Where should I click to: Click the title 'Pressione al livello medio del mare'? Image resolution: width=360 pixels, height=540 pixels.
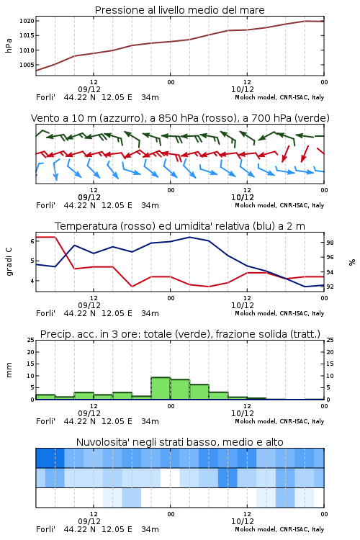point(179,10)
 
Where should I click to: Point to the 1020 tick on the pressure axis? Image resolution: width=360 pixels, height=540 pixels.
point(27,21)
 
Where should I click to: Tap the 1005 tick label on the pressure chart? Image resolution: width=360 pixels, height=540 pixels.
point(27,65)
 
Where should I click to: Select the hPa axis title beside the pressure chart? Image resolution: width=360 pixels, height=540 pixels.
point(9,45)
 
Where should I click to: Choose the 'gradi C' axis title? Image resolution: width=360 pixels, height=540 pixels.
point(9,262)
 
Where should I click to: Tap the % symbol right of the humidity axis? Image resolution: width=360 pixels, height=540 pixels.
point(352,262)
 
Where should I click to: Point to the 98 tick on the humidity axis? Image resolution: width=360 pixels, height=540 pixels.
point(330,243)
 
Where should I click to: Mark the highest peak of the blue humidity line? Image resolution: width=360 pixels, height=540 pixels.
point(189,237)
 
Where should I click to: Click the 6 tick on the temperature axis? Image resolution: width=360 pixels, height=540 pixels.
point(32,241)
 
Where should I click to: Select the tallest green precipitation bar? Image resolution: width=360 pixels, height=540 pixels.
point(161,389)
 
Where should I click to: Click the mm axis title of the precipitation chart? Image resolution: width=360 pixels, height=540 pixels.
point(9,370)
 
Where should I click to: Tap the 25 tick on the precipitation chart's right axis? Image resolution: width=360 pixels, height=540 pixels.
point(330,340)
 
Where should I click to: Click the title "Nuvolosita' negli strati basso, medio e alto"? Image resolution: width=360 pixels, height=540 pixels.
point(179,442)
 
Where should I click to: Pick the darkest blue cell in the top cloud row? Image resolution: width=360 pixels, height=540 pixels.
point(50,458)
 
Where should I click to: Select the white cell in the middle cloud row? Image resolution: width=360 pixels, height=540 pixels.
point(170,477)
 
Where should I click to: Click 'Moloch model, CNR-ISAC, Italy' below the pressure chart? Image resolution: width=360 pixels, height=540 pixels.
point(279,97)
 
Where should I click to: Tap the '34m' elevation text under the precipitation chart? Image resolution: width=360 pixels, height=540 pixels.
point(150,421)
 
